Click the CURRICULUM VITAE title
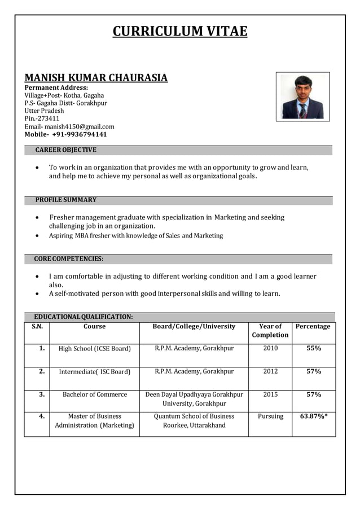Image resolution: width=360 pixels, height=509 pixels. (x=180, y=31)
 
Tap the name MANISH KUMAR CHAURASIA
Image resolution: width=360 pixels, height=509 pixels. (x=96, y=77)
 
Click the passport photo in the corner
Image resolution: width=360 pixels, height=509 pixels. (x=302, y=96)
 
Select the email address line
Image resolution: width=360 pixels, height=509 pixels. (x=69, y=126)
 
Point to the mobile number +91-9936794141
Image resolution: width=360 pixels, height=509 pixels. (x=65, y=134)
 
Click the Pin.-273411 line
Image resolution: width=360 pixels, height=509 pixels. (x=42, y=119)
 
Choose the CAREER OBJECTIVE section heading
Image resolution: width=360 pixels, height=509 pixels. (x=65, y=150)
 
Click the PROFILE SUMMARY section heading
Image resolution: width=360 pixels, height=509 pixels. (x=65, y=200)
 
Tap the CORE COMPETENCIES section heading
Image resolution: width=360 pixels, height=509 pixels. (x=68, y=259)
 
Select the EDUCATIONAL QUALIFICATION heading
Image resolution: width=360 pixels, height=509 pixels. (x=84, y=317)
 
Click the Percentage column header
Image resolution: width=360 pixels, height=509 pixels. (x=313, y=327)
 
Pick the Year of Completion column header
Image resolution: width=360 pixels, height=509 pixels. (x=270, y=331)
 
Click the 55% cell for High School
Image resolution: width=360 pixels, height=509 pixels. (x=313, y=348)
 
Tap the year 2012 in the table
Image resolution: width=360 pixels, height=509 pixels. (x=270, y=371)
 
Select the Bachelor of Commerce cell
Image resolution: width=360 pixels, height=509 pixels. (x=95, y=394)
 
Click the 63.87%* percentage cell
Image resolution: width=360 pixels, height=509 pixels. (x=314, y=416)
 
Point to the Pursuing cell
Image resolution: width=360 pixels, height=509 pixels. (x=270, y=416)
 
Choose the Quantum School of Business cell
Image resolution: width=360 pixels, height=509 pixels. (x=194, y=420)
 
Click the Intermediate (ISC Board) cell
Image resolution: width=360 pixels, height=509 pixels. (x=95, y=372)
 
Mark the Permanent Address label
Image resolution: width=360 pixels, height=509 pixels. (x=56, y=87)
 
